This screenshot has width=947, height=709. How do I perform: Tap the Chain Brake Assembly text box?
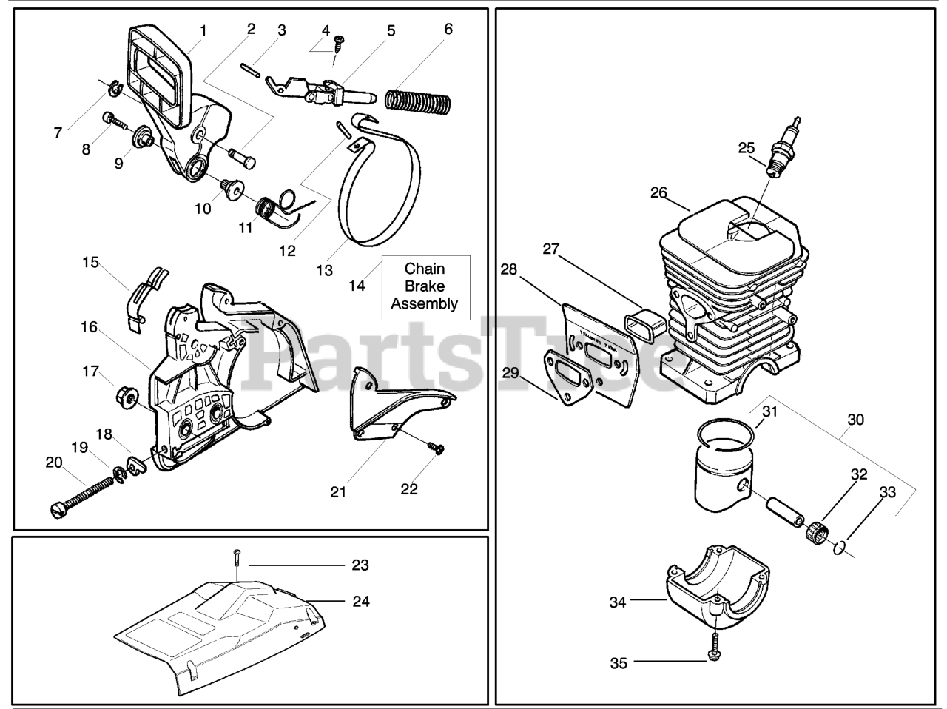(x=425, y=287)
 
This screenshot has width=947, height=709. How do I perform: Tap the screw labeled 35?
(x=715, y=646)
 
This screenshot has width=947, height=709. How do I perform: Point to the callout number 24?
(x=360, y=601)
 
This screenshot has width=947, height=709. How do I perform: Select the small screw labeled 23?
(x=236, y=564)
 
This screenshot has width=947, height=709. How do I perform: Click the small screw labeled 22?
(x=437, y=447)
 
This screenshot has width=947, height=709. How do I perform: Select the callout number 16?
(x=90, y=326)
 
